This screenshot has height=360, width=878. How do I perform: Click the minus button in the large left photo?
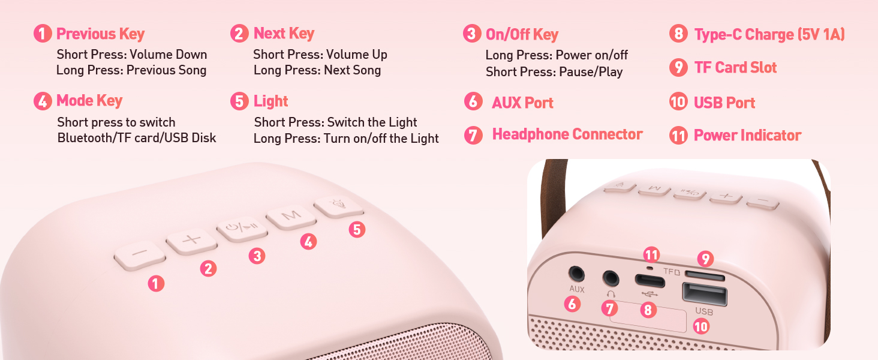pos(139,254)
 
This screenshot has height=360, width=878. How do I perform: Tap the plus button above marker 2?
pos(191,241)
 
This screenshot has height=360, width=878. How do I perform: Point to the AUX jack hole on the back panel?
pos(577,274)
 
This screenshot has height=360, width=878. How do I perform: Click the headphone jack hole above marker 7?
pos(611,278)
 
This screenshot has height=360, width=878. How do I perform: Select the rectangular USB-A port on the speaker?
pos(704,295)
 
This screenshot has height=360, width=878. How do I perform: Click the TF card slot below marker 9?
pos(704,276)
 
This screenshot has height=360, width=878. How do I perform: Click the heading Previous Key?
pos(100,34)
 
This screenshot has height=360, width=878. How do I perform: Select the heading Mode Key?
pos(89,101)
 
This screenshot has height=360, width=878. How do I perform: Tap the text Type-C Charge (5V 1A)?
pos(769,35)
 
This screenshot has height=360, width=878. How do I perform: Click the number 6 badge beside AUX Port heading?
pos(473,101)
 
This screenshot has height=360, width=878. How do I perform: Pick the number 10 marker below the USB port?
pos(700,326)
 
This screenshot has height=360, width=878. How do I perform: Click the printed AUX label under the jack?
pos(576,290)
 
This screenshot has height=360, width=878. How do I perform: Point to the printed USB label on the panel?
pos(703,312)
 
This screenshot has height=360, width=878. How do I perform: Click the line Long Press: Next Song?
pos(317,70)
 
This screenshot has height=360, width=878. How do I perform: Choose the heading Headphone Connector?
pos(567,134)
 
